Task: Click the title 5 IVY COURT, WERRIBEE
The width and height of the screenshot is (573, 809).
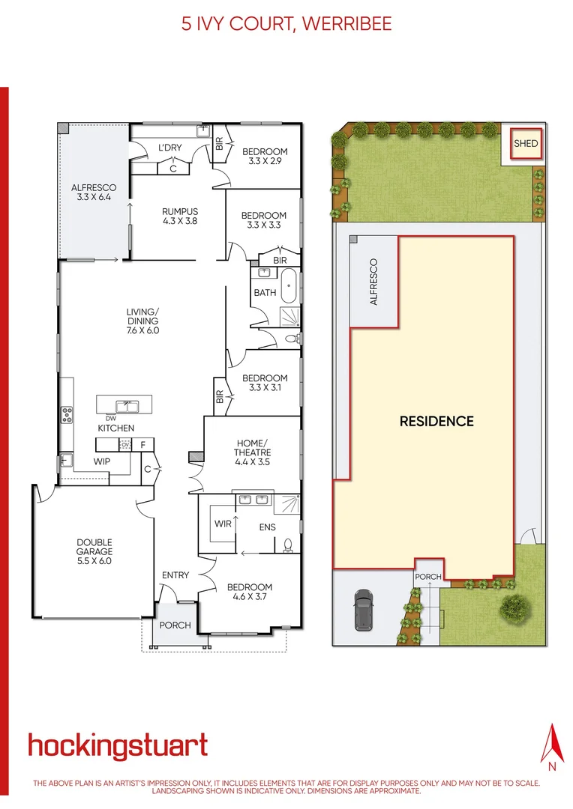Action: click(x=286, y=24)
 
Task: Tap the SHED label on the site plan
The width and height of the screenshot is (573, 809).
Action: click(x=526, y=143)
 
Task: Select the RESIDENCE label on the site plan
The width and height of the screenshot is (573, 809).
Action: click(x=436, y=421)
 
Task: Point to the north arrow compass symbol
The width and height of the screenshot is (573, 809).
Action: click(x=553, y=746)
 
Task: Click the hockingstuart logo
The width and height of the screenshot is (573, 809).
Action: click(x=118, y=746)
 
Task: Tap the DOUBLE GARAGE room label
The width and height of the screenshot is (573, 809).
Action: click(x=94, y=551)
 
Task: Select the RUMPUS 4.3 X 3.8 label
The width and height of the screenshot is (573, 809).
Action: click(x=180, y=216)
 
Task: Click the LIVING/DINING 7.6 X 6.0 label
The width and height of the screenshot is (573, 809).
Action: click(x=142, y=321)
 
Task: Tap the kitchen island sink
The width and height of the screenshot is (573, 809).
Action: click(x=127, y=407)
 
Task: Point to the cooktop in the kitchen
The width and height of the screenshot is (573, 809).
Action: click(x=67, y=413)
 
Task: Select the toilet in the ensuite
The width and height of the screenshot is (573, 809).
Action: click(x=287, y=546)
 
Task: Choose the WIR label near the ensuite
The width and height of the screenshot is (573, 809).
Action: click(x=223, y=524)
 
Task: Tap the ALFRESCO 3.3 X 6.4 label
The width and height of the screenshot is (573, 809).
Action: click(x=91, y=193)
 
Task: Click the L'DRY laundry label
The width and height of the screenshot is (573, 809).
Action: click(x=169, y=148)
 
